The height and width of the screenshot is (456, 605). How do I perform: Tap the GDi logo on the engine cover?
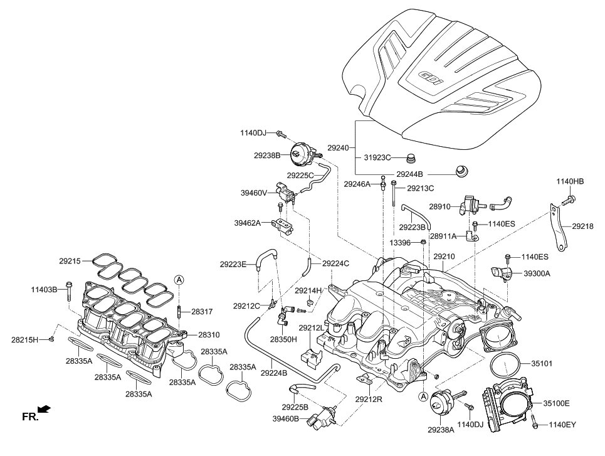tap(428, 79)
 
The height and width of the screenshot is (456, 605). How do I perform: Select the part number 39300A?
tap(537, 273)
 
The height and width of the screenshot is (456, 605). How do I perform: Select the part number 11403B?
tap(44, 289)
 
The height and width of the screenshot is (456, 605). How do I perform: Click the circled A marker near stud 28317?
tap(178, 279)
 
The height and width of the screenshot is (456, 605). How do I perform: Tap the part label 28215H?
tap(25, 339)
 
